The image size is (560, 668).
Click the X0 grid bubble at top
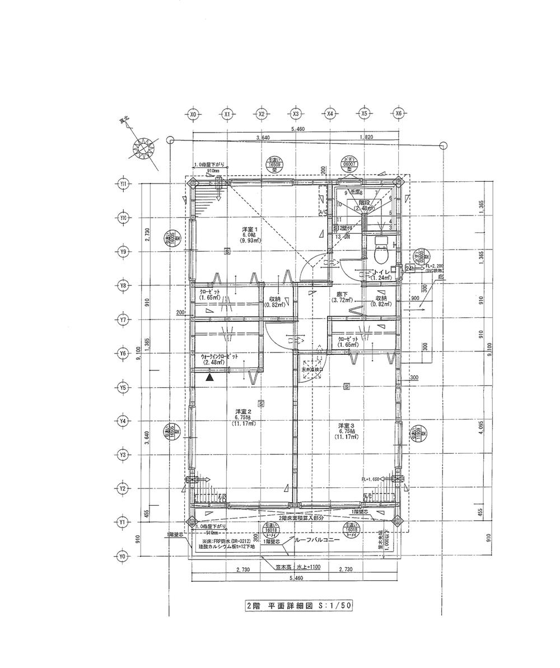(193, 114)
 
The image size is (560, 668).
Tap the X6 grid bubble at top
(399, 114)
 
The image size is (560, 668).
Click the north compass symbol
(144, 149)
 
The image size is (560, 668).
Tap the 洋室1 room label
(249, 230)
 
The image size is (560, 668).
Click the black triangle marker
(209, 378)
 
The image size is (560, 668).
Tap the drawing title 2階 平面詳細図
(300, 606)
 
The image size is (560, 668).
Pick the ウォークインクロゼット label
(218, 356)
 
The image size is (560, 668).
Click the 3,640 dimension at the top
(262, 137)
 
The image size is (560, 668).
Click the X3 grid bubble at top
(296, 114)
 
